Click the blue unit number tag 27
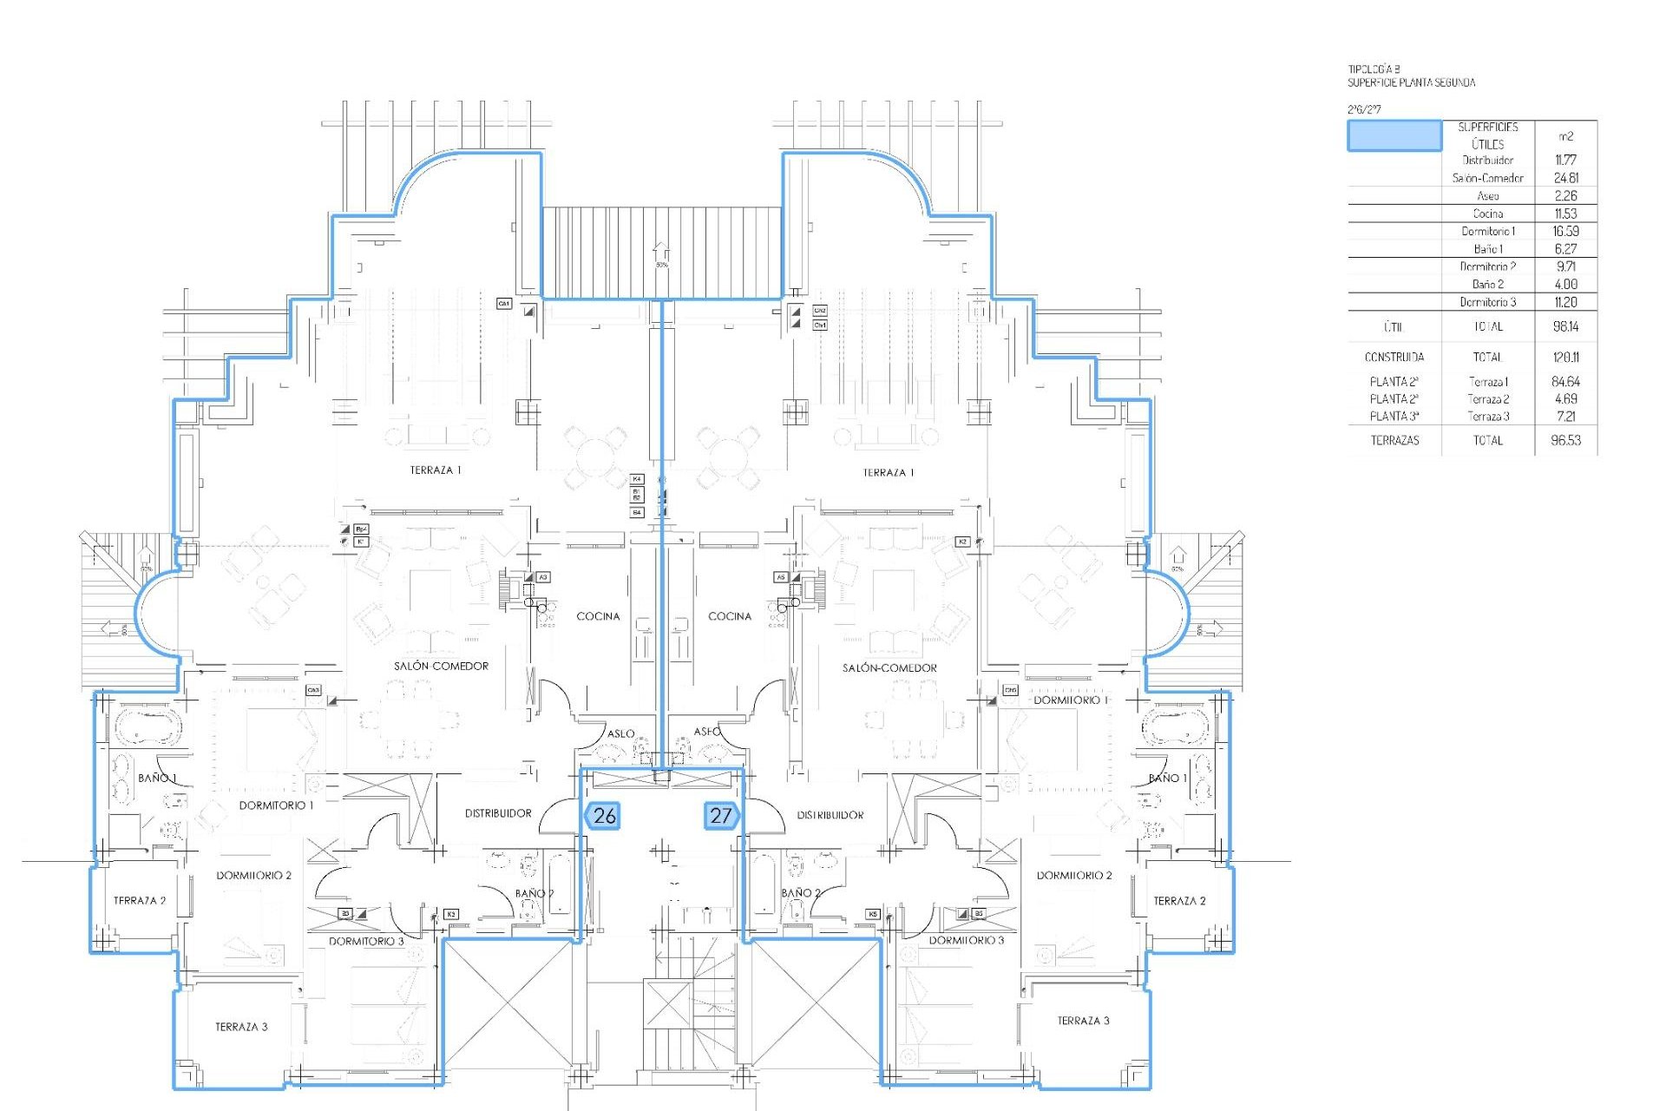click(721, 816)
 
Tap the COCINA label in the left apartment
click(598, 616)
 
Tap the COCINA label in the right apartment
click(730, 616)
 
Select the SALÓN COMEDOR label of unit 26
click(441, 666)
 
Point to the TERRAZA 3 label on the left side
click(241, 1027)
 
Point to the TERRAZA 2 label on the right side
click(1179, 901)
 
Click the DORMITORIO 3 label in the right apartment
click(966, 940)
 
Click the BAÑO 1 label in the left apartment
click(157, 778)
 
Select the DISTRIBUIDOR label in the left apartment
click(498, 813)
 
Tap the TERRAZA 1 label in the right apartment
click(888, 473)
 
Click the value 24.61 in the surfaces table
click(1565, 178)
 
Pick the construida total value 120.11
click(1565, 357)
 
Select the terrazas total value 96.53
click(1565, 440)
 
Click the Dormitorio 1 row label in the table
click(1487, 231)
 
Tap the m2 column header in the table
click(1565, 136)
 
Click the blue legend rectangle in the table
click(1394, 136)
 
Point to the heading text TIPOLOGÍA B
click(1374, 69)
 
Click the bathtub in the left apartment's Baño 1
click(147, 727)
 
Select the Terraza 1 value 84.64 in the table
click(1565, 381)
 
